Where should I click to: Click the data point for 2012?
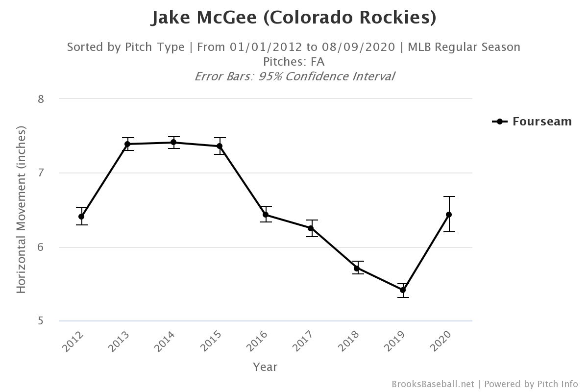pyautogui.click(x=81, y=217)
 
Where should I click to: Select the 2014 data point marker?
pyautogui.click(x=173, y=143)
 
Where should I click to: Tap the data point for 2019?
pyautogui.click(x=403, y=290)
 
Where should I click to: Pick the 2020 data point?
pyautogui.click(x=449, y=215)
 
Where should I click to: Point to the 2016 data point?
pyautogui.click(x=266, y=215)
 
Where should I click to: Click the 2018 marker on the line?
pyautogui.click(x=357, y=268)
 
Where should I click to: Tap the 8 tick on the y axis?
pyautogui.click(x=41, y=99)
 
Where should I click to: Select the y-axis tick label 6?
pyautogui.click(x=41, y=247)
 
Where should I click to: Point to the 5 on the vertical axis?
pyautogui.click(x=41, y=321)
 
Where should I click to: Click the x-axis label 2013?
pyautogui.click(x=121, y=342)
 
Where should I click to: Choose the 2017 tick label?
pyautogui.click(x=305, y=342)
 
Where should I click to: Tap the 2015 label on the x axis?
pyautogui.click(x=213, y=342)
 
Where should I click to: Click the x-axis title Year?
pyautogui.click(x=265, y=367)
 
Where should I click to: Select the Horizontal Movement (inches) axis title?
pyautogui.click(x=21, y=210)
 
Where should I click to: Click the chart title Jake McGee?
pyautogui.click(x=294, y=18)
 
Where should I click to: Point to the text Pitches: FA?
pyautogui.click(x=294, y=62)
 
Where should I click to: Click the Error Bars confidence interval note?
pyautogui.click(x=294, y=76)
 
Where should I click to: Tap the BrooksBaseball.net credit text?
pyautogui.click(x=433, y=384)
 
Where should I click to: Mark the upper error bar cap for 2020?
pyautogui.click(x=449, y=196)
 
